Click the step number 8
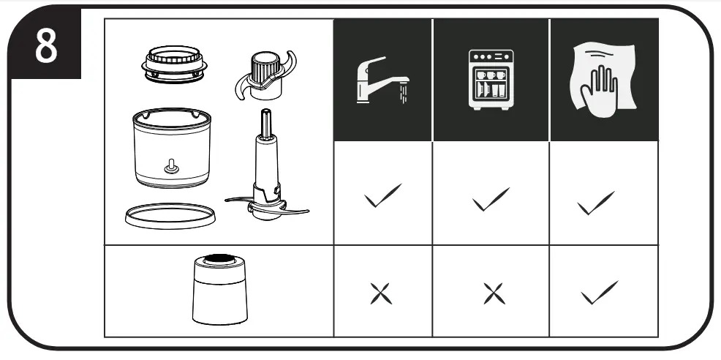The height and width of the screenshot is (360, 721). point(47,46)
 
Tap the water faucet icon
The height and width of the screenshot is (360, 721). point(382,80)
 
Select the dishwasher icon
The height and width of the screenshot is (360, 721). point(491,80)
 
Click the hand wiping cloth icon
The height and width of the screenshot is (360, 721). point(603,80)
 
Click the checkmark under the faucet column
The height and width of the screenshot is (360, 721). point(382,195)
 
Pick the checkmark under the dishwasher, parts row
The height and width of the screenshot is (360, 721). point(491,199)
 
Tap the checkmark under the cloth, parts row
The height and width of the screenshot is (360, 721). point(596,203)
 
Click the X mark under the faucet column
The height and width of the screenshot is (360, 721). point(381,293)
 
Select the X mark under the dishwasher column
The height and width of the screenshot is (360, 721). point(494,293)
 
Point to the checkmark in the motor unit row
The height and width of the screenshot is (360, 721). point(599,293)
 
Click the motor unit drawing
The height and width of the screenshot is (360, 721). point(220,289)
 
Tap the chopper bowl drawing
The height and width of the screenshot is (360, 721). point(172,147)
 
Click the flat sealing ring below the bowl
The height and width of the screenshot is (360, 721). point(170,215)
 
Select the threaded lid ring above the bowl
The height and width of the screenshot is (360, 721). point(173,64)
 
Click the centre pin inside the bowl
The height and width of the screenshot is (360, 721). point(172,167)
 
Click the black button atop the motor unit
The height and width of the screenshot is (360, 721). point(219,259)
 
